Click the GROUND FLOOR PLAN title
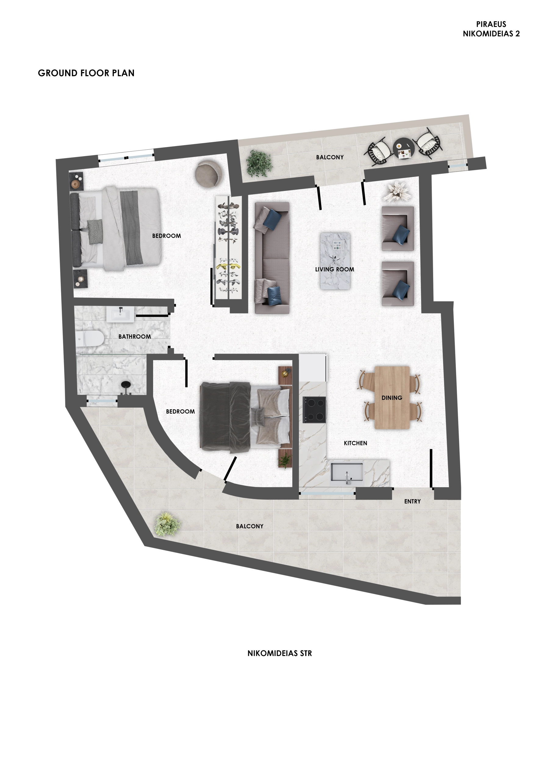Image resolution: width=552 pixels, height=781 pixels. pyautogui.click(x=86, y=73)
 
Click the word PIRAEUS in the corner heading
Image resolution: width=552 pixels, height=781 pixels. pyautogui.click(x=491, y=24)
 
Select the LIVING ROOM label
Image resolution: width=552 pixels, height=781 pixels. pyautogui.click(x=335, y=269)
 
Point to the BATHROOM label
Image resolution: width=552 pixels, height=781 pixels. pyautogui.click(x=135, y=337)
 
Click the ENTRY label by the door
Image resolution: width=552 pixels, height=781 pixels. pyautogui.click(x=413, y=501)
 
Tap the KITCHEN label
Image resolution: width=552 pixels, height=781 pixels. pyautogui.click(x=355, y=443)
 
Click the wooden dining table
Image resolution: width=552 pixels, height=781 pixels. pyautogui.click(x=392, y=397)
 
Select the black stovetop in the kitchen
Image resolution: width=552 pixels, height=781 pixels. pyautogui.click(x=314, y=410)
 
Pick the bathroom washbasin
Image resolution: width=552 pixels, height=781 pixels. pyautogui.click(x=120, y=314)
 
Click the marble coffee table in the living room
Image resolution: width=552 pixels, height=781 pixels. pyautogui.click(x=335, y=261)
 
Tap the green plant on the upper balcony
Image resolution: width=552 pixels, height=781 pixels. pyautogui.click(x=259, y=164)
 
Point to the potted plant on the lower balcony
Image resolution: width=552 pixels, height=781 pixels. pyautogui.click(x=167, y=524)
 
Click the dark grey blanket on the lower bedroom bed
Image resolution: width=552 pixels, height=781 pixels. pyautogui.click(x=226, y=417)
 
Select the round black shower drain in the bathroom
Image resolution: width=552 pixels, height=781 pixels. pyautogui.click(x=126, y=384)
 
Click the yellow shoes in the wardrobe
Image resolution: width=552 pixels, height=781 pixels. pyautogui.click(x=228, y=266)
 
